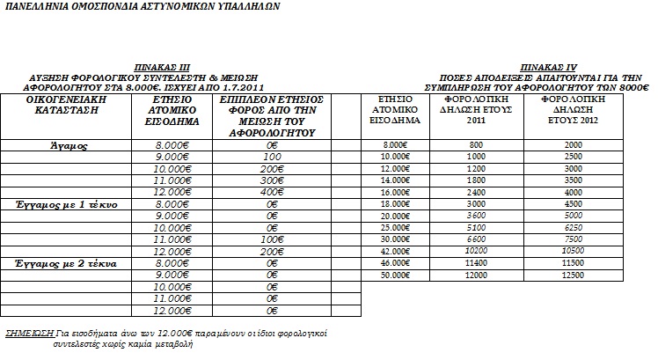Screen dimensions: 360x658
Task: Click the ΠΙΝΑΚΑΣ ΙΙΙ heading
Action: [162, 67]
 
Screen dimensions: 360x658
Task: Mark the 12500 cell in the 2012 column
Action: [573, 276]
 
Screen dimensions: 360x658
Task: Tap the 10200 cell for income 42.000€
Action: [476, 251]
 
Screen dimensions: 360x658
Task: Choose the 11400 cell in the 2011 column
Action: [476, 263]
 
